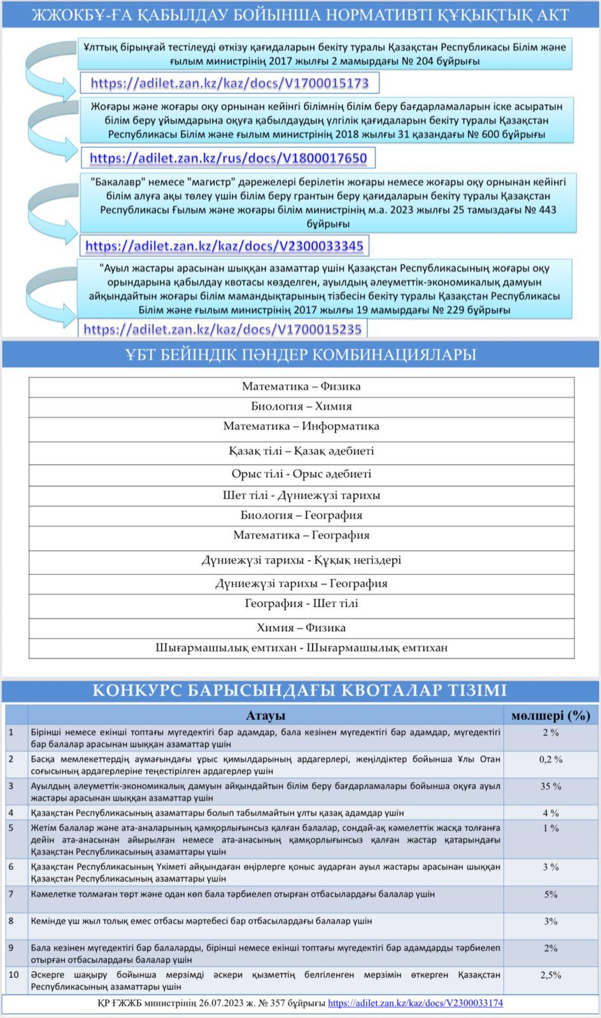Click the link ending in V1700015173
229,83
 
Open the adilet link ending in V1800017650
228,158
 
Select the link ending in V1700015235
222,329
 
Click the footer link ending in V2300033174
415,1003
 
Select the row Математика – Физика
301,386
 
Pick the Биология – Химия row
301,406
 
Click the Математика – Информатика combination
301,426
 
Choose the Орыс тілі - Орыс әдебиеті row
301,474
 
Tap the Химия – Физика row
301,627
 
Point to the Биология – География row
301,515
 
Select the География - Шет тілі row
301,603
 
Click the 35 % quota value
551,786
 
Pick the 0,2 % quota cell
551,759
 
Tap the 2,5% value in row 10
551,975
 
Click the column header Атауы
265,716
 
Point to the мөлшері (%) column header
551,716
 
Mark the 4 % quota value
551,813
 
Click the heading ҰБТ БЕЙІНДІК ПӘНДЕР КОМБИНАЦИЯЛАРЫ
300,354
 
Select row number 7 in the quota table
11,895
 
